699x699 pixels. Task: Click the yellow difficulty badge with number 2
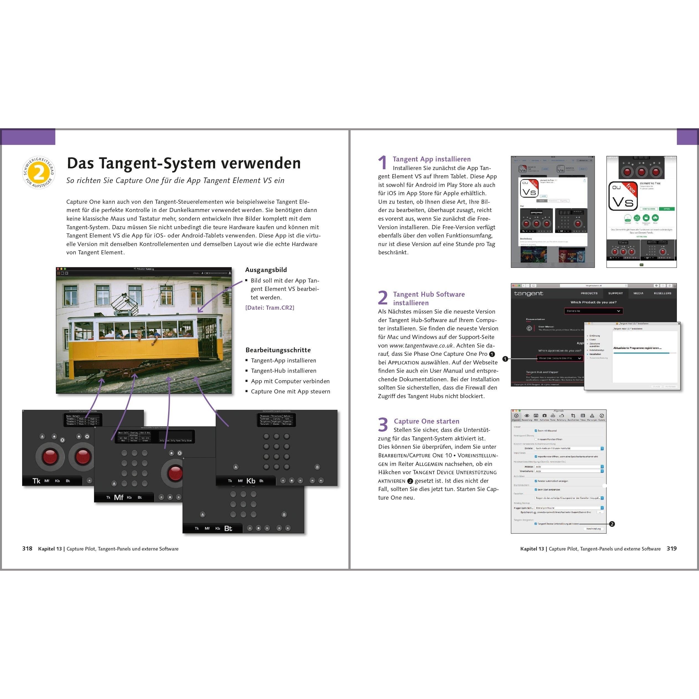(39, 173)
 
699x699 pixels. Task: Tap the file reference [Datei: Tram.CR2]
(270, 307)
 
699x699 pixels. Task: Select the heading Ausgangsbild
(266, 270)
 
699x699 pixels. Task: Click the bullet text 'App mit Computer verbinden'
(290, 381)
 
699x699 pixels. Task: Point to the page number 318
(27, 549)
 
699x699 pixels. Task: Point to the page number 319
(672, 549)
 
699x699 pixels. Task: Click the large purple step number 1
(382, 163)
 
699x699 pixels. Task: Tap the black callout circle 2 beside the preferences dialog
(612, 524)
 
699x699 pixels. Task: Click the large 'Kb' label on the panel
(251, 481)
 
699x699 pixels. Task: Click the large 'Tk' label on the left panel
(36, 481)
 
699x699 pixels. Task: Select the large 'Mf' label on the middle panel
(118, 497)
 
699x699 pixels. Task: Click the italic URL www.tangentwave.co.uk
(421, 346)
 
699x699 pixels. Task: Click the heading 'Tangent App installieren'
(431, 159)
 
